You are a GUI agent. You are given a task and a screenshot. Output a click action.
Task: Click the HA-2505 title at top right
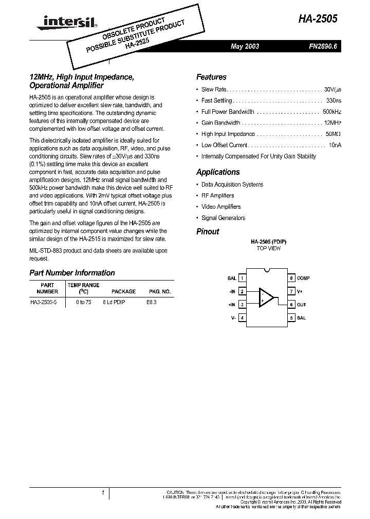[x=318, y=19]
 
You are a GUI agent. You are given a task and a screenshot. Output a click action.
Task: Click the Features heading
[x=211, y=77]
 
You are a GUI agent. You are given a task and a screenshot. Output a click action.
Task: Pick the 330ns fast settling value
[x=334, y=101]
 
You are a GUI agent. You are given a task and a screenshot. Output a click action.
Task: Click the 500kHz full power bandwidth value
[x=331, y=111]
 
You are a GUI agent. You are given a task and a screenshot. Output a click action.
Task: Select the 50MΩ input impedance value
[x=333, y=134]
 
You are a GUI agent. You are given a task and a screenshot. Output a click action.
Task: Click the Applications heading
[x=218, y=172]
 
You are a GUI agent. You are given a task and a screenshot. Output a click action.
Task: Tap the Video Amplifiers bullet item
[x=221, y=207]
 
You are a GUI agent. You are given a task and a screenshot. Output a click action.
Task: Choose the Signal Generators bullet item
[x=223, y=218]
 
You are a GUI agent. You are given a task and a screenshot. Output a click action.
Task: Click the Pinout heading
[x=208, y=231]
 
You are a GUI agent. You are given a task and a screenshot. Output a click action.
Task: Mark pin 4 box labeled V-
[x=242, y=318]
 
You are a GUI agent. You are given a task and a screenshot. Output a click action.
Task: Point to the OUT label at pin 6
[x=301, y=305]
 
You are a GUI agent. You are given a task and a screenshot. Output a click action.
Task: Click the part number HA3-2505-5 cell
[x=44, y=303]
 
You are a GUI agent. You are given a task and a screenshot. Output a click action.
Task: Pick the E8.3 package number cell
[x=151, y=303]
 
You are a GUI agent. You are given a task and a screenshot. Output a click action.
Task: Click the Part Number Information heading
[x=72, y=273]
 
